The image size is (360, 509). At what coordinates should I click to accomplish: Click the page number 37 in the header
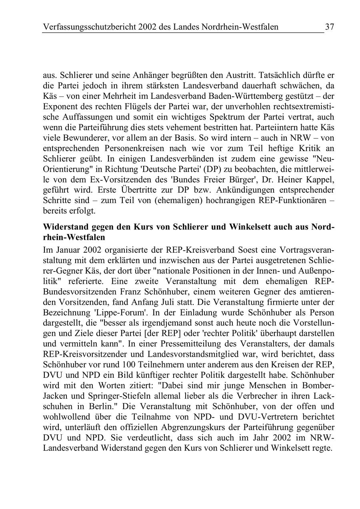(330, 27)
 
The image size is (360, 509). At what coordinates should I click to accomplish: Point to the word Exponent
(61, 106)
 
